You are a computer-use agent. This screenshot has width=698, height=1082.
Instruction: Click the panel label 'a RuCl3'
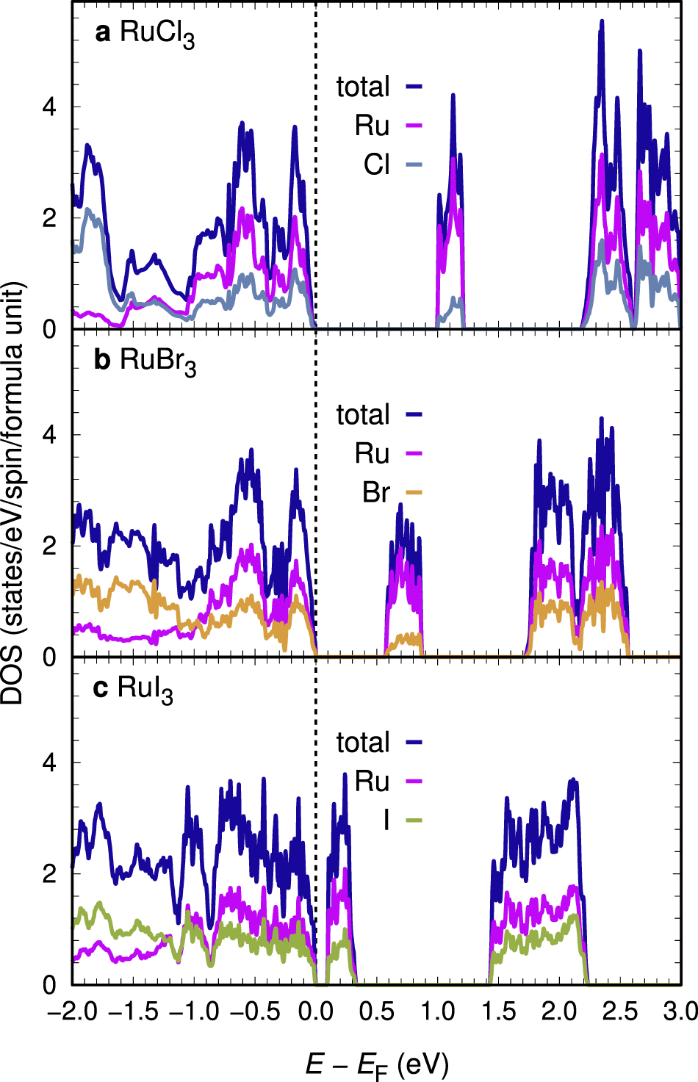145,34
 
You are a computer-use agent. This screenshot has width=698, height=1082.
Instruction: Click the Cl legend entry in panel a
392,165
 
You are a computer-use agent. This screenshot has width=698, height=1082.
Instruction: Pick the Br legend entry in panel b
392,492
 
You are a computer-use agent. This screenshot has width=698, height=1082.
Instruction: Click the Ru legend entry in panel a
388,126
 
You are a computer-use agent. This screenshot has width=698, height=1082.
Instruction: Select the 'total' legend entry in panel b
378,415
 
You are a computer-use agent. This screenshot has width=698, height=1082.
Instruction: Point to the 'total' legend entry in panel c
378,743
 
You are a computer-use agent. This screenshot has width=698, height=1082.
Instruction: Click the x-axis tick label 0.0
316,1012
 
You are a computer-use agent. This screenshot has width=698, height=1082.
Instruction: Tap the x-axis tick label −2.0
71,1012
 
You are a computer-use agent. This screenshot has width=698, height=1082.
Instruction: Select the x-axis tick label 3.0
680,1012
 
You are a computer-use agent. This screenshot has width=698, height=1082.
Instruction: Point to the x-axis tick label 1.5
499,1012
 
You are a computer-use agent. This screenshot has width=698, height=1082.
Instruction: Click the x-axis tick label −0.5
255,1012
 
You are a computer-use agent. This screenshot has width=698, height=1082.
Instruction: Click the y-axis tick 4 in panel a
49,107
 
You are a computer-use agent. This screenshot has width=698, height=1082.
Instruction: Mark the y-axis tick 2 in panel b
49,546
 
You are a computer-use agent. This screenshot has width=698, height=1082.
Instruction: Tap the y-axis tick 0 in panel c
49,984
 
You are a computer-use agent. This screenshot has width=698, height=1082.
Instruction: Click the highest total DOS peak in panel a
602,22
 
